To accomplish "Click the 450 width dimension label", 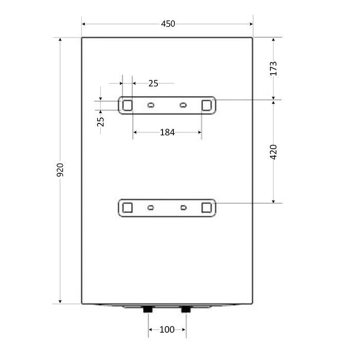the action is (x=168, y=24).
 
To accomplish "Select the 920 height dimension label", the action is (x=60, y=170).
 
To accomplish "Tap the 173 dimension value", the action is (x=273, y=68).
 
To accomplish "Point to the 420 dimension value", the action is (x=273, y=152).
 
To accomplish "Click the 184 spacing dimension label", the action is (x=167, y=133).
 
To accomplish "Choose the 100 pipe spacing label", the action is (x=167, y=330).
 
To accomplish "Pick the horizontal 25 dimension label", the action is (x=153, y=83).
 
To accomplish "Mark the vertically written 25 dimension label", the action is (x=101, y=122).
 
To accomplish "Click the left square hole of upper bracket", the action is (x=128, y=105).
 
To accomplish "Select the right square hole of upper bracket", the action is (x=206, y=105).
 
